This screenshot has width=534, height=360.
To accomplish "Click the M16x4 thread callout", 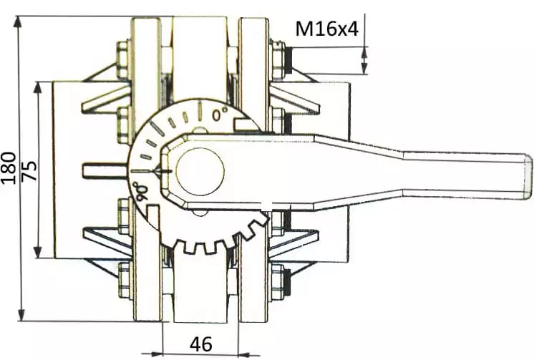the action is click(327, 29).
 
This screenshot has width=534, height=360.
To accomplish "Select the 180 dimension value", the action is click(9, 168).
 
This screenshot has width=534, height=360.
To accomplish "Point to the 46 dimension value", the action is click(201, 344).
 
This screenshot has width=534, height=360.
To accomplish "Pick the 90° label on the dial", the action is click(140, 192).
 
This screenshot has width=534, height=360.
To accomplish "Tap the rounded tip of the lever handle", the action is click(527, 176).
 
